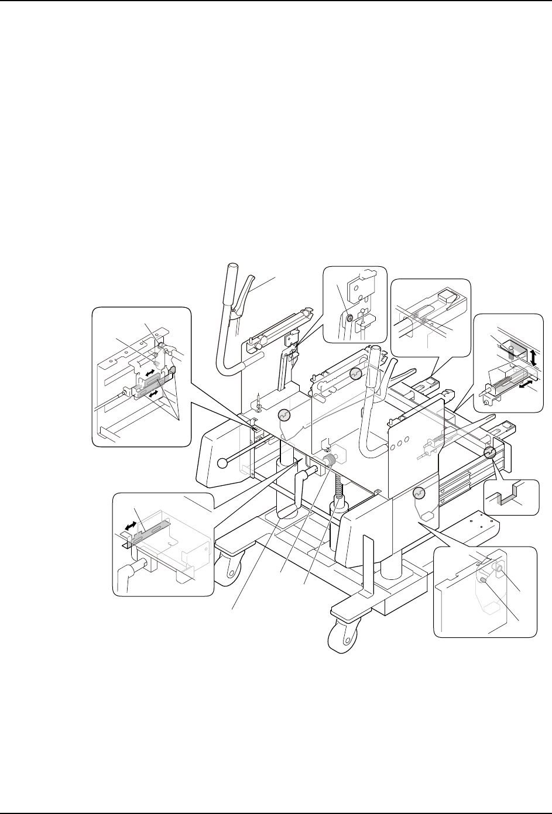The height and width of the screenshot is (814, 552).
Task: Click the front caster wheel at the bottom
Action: point(340,635)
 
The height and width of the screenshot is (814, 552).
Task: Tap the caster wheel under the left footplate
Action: point(226,571)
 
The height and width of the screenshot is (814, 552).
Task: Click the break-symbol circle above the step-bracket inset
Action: point(489,454)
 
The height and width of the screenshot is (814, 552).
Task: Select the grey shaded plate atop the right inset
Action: point(508,349)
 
